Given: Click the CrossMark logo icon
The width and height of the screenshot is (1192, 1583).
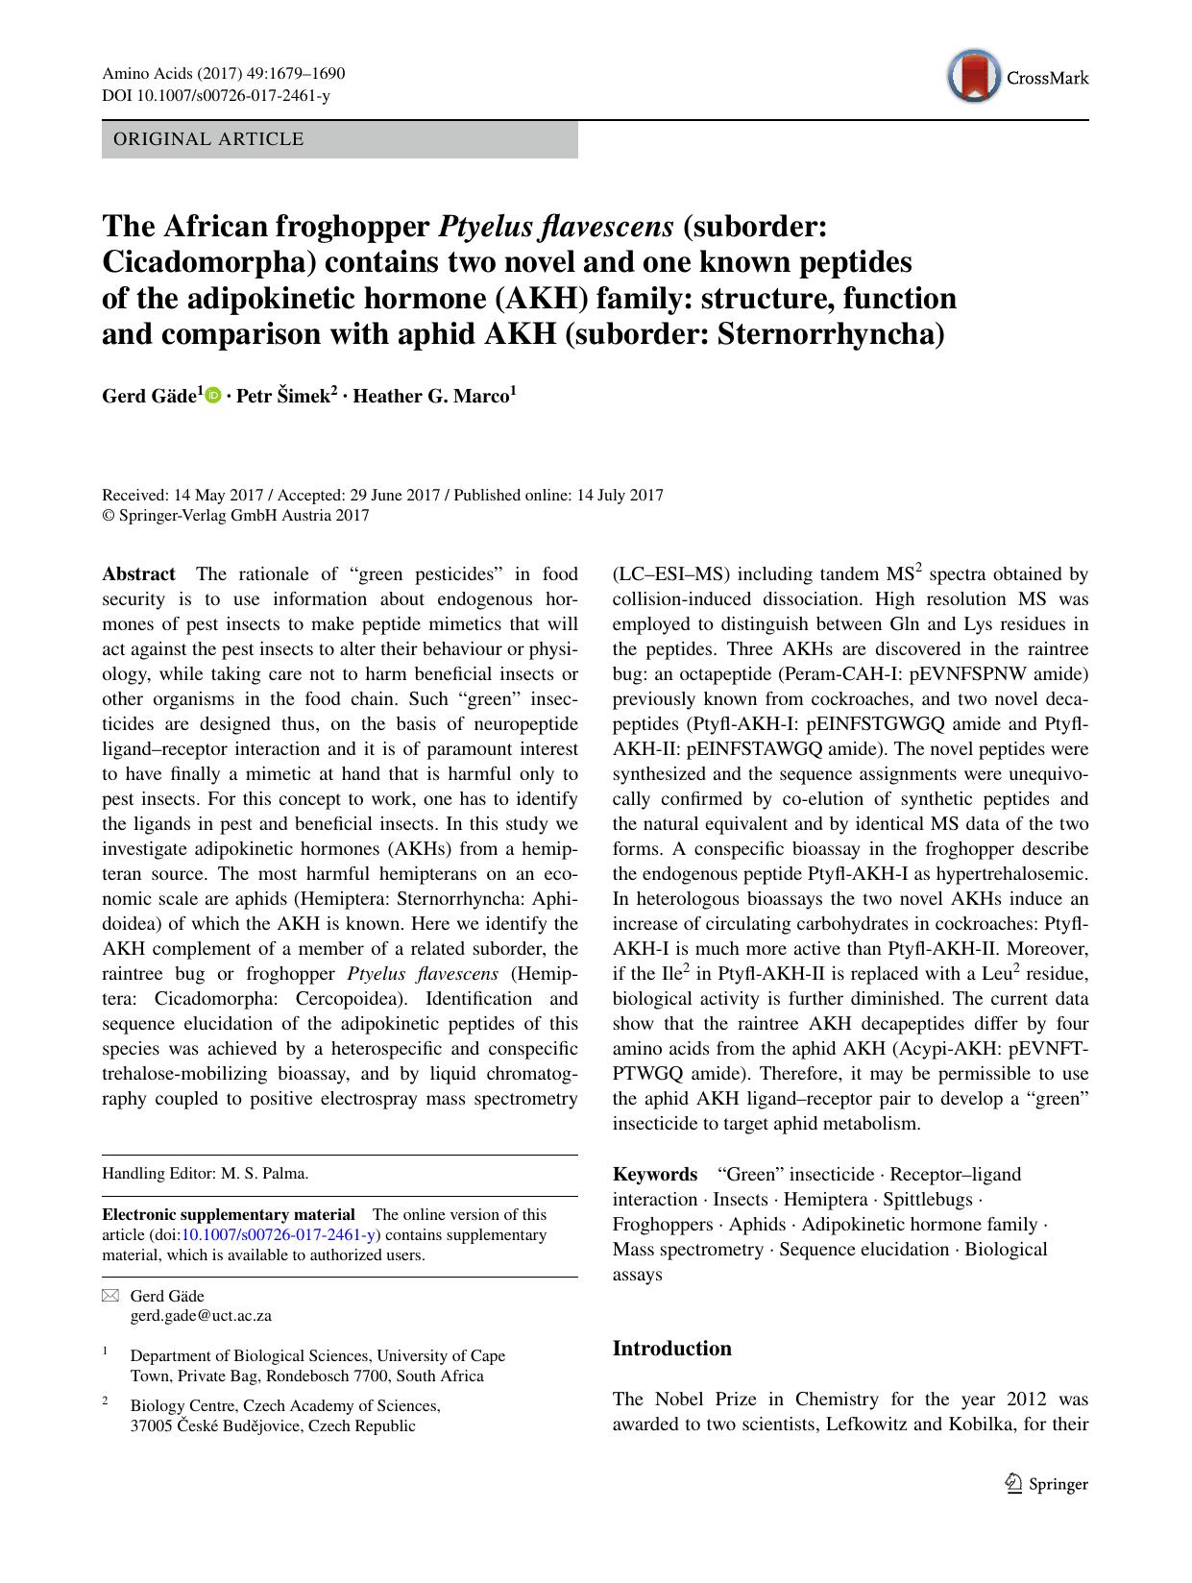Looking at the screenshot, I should pos(972,77).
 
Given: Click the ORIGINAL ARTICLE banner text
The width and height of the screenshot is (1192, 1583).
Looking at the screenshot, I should pos(208,139).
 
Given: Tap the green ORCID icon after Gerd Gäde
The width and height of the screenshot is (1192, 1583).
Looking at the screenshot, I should pos(213,396).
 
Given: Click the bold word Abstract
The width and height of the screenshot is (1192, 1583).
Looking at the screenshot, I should pos(138,574).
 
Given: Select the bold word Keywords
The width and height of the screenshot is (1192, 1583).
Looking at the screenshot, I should pos(654,1174).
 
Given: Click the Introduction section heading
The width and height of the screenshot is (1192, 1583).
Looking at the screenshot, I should pos(671,1348).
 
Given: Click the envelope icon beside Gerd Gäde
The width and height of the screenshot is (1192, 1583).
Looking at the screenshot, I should pos(109,1296).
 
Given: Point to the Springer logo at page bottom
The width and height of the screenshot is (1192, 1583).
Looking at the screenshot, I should pos(1046,1483).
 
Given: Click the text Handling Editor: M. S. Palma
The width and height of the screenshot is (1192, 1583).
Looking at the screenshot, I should pos(205,1173).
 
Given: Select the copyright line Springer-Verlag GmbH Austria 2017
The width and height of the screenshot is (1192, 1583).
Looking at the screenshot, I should pos(235,515).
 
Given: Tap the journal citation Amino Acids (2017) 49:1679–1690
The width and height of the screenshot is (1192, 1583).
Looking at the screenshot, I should pos(223,74).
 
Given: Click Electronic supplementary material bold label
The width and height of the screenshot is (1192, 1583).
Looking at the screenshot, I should pos(229,1214).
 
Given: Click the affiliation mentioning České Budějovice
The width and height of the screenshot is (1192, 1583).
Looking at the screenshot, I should pos(273,1425).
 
